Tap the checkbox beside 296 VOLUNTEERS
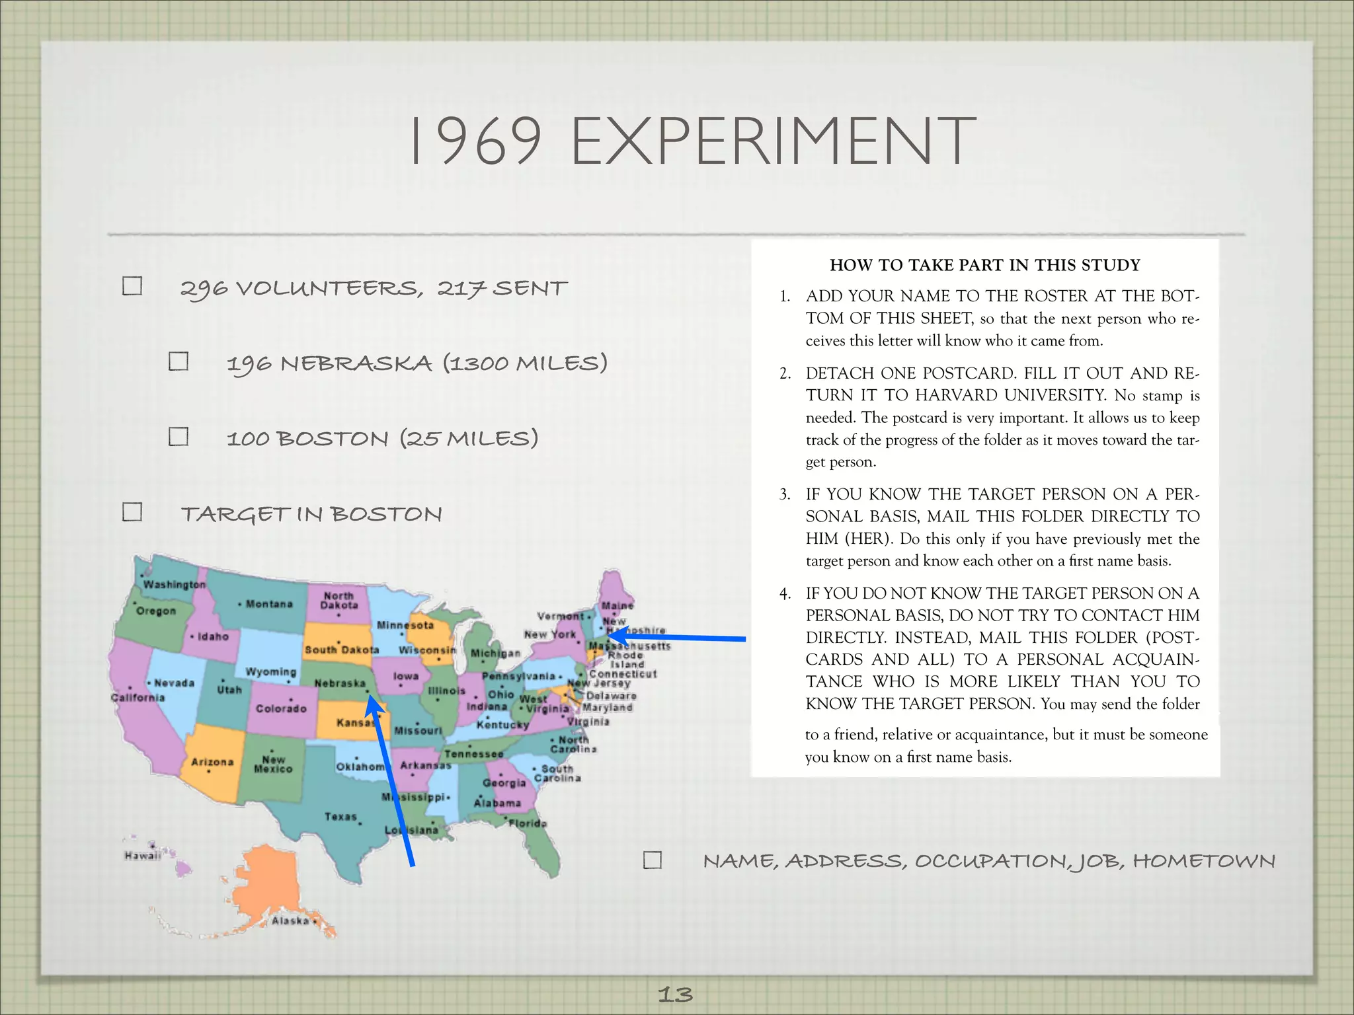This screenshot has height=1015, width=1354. point(132,286)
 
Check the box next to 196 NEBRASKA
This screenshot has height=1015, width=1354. point(179,361)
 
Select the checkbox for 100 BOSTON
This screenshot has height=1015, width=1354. point(179,437)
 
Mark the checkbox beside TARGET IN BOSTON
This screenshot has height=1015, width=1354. point(132,512)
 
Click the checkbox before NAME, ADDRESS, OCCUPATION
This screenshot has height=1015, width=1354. point(653,860)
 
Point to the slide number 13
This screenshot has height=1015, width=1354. point(675,994)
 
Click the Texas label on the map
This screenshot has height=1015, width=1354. point(340,817)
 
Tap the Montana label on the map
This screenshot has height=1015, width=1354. point(269,604)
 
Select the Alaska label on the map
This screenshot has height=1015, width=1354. point(290,921)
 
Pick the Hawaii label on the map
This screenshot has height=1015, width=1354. point(142,856)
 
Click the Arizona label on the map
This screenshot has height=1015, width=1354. point(212,762)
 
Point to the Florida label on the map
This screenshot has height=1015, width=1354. point(528,823)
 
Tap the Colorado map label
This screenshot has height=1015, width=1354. point(281,708)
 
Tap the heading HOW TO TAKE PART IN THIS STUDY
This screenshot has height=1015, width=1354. point(984,265)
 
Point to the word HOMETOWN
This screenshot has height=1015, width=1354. point(1204,861)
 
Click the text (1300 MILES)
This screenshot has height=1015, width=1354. point(525,363)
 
